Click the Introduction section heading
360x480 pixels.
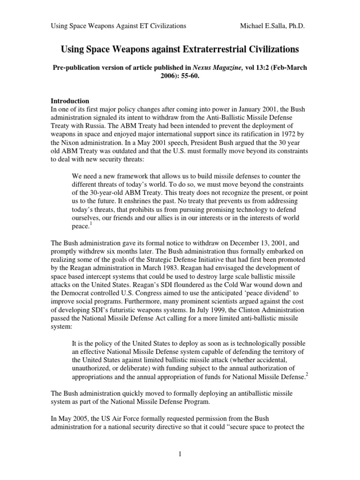[71, 101]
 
